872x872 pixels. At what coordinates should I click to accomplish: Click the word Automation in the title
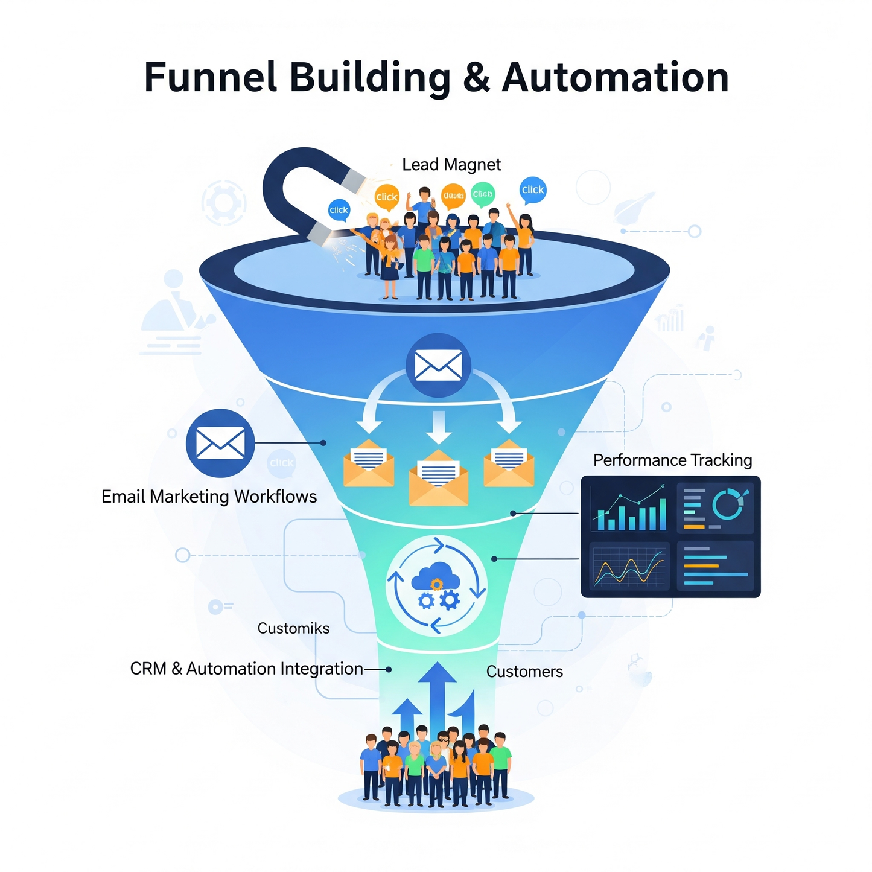pos(615,78)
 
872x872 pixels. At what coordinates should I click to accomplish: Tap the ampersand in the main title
pos(476,78)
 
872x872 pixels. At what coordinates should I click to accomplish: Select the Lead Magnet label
pos(451,165)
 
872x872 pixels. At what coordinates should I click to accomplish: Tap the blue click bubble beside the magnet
pos(339,210)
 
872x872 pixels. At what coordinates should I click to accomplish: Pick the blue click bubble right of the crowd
pos(533,189)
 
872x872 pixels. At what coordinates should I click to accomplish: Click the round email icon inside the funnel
pos(438,365)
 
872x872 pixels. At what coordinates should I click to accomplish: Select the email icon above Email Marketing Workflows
pos(220,443)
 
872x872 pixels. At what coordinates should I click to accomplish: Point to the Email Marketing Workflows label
pos(209,497)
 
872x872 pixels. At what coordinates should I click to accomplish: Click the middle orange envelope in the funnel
pos(438,480)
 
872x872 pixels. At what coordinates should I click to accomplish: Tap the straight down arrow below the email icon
pos(439,426)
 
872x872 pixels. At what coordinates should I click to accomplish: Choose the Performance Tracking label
pos(672,460)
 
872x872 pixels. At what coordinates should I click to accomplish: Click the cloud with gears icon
pos(436,585)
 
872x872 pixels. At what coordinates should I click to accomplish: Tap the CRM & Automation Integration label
pos(246,669)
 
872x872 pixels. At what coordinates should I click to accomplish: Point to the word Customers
pos(524,672)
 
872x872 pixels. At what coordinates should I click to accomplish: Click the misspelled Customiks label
pos(293,628)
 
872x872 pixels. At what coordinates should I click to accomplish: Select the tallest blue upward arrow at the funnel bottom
pos(437,694)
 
